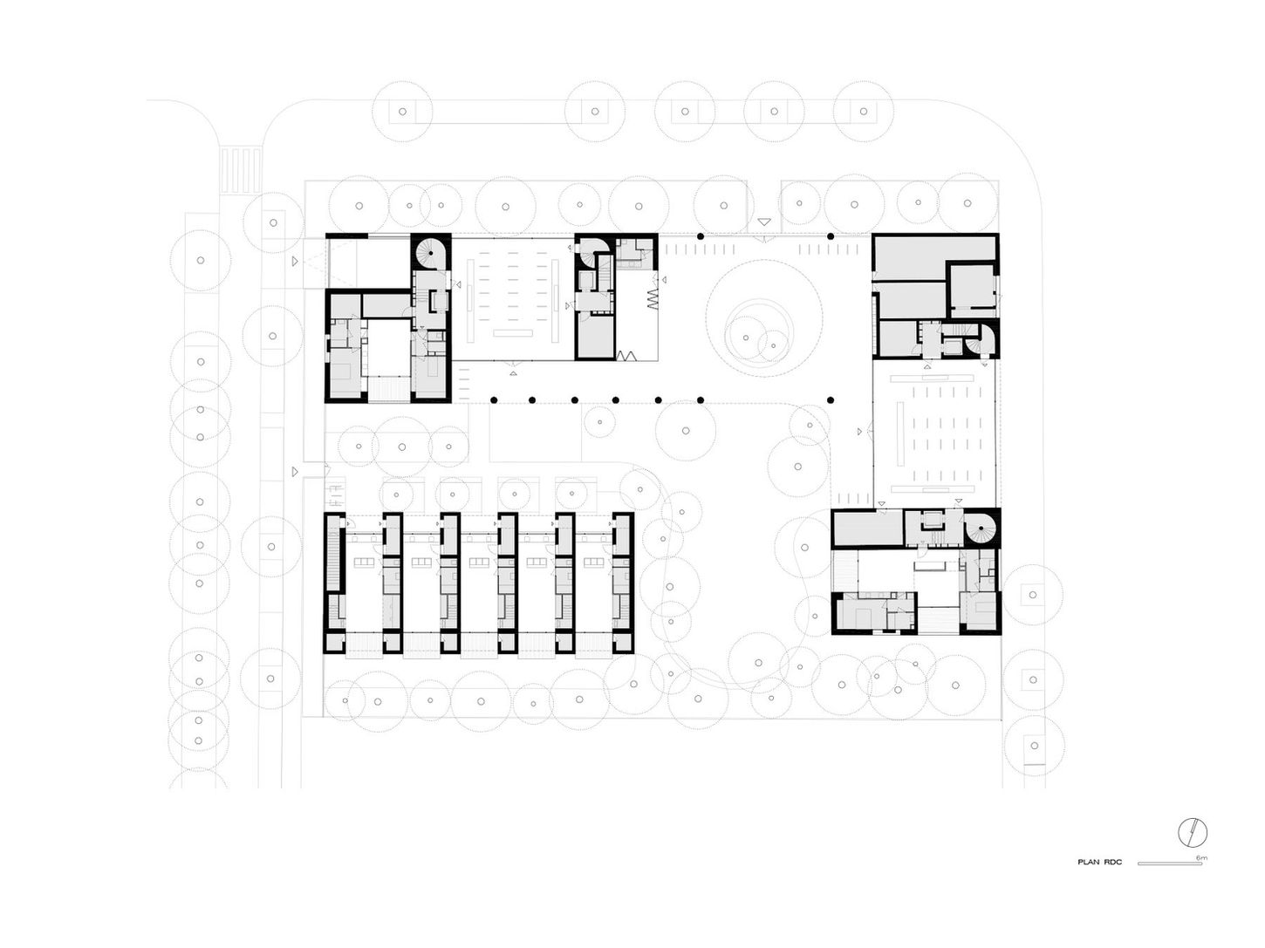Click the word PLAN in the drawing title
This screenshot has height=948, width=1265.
click(x=1088, y=863)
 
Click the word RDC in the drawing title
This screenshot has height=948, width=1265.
click(x=1112, y=863)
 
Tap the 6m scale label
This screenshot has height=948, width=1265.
click(x=1200, y=858)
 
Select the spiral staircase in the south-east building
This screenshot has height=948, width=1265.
click(x=981, y=529)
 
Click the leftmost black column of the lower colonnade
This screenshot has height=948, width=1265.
click(x=493, y=399)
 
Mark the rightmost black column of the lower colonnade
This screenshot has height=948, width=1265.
click(x=830, y=399)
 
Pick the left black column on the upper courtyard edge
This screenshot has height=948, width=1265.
click(x=700, y=236)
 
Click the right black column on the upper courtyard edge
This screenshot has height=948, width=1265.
click(x=830, y=236)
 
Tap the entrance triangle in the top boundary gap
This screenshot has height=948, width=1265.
click(x=764, y=223)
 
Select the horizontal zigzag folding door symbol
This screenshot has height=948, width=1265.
click(x=626, y=355)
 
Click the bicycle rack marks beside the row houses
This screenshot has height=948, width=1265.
click(x=334, y=496)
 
